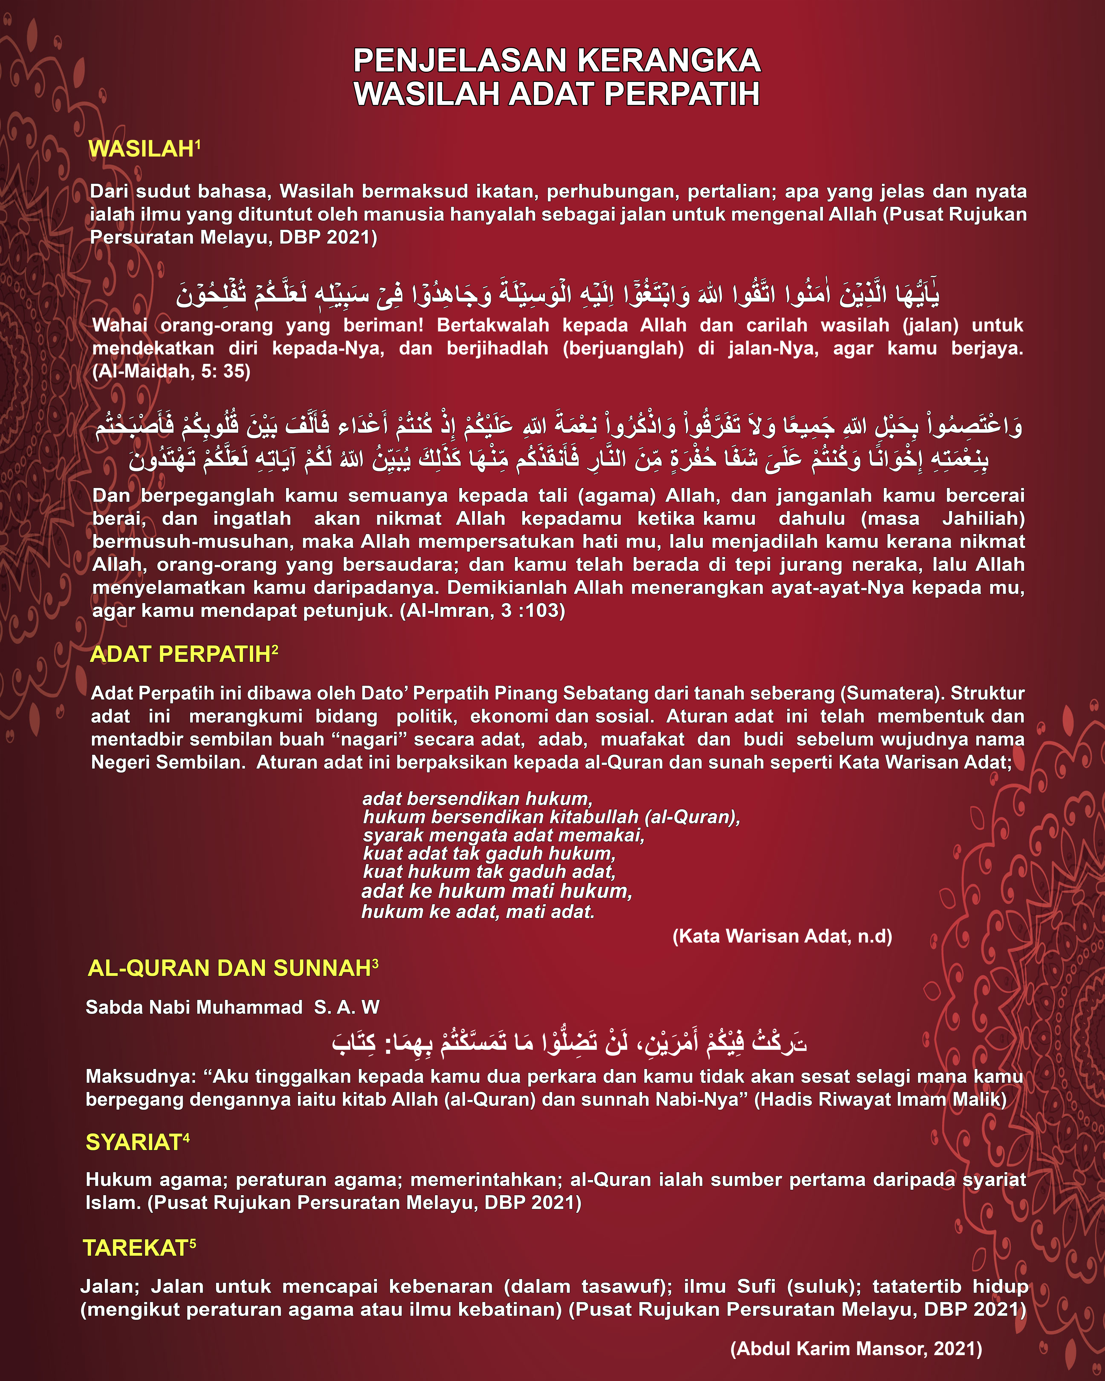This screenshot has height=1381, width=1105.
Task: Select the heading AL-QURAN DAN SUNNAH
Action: pyautogui.click(x=229, y=968)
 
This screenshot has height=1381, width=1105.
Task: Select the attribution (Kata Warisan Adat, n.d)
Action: pyautogui.click(x=782, y=936)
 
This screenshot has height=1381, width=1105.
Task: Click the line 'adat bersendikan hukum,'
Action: pyautogui.click(x=477, y=799)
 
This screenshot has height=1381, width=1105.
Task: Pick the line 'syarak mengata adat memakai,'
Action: pyautogui.click(x=503, y=835)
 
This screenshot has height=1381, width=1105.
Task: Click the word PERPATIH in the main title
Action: pyautogui.click(x=682, y=94)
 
